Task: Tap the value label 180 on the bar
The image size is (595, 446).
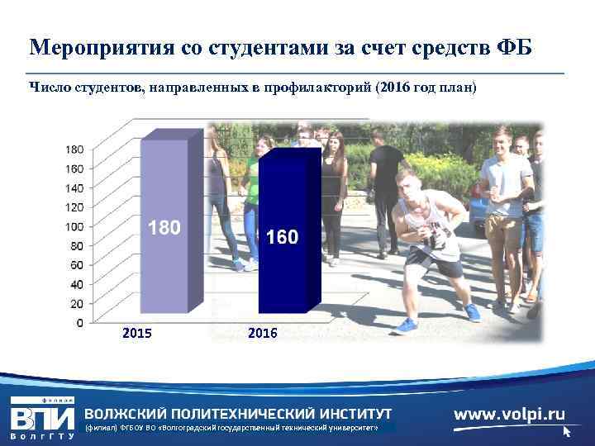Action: point(164,227)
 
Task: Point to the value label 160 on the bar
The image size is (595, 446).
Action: point(282,238)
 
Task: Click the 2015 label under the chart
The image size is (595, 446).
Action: point(136,334)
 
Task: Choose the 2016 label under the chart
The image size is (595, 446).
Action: point(263,334)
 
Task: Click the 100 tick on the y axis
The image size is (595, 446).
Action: point(74,226)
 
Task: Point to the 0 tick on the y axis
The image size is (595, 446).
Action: point(79,322)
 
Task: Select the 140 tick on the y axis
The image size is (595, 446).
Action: point(74,187)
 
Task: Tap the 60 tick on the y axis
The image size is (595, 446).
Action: point(76,264)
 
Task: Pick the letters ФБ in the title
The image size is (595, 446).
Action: point(512,47)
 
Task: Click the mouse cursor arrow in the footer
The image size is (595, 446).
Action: point(567,431)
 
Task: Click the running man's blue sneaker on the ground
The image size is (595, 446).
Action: point(405,325)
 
